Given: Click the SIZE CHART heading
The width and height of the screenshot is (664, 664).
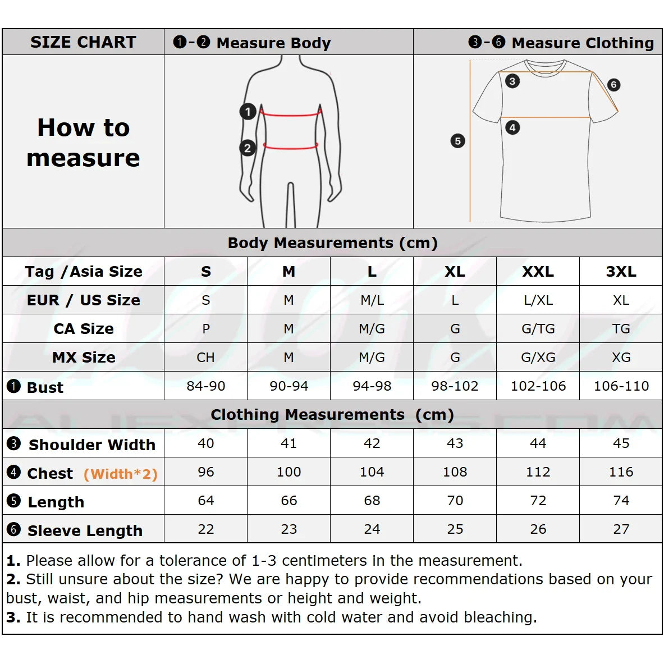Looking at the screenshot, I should click(83, 42).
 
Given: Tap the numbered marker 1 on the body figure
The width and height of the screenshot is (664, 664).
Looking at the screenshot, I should click(248, 112).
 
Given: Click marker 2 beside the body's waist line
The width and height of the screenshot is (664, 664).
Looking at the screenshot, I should click(248, 148).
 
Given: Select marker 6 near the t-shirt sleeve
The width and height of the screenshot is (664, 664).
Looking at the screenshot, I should click(613, 85).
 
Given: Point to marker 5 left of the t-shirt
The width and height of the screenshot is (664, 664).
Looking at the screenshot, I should click(457, 141).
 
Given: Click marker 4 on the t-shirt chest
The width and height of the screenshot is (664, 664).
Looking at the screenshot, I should click(512, 127).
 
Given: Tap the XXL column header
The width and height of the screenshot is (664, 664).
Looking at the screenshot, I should click(538, 272).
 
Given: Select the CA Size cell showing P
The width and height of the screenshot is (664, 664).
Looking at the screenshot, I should click(206, 329).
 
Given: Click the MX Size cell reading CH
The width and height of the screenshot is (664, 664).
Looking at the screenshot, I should click(205, 358).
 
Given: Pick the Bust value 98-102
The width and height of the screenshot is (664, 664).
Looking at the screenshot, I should click(455, 386).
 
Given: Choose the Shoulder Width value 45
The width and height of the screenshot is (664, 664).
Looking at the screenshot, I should click(621, 443).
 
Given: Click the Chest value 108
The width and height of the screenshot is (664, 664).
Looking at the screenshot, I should click(455, 472).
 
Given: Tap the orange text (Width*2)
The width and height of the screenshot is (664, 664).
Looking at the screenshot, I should click(121, 474).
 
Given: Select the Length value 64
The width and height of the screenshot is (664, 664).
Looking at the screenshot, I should click(206, 501).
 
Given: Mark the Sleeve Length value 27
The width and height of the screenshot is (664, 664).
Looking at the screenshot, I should click(621, 529).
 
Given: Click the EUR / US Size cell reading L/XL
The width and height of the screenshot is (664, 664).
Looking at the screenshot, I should click(538, 300).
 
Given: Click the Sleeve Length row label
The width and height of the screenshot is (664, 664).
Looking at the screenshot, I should click(85, 530).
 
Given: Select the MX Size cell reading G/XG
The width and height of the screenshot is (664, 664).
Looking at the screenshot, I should click(538, 358).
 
